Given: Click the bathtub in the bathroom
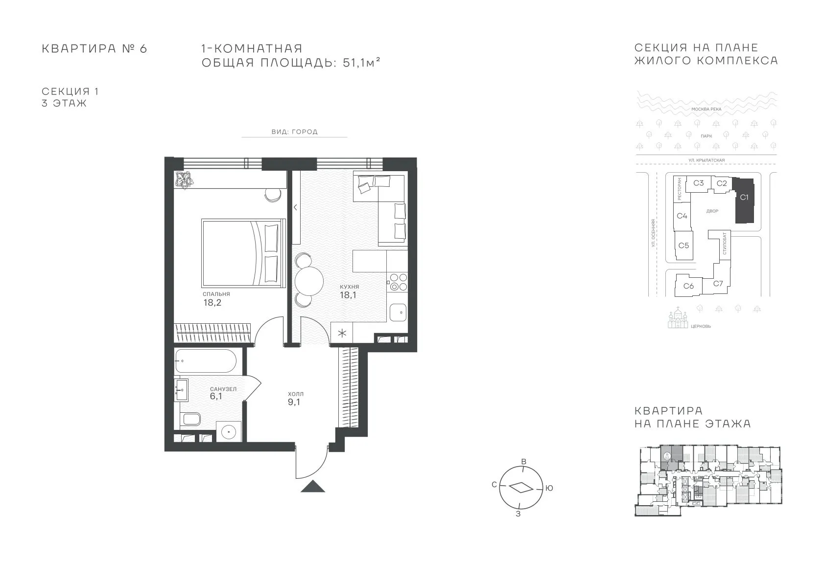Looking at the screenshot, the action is click(x=206, y=361).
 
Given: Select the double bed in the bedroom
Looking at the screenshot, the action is click(x=243, y=253).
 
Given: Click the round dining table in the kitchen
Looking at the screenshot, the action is click(x=308, y=281).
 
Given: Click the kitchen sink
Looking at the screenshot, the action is click(x=398, y=313).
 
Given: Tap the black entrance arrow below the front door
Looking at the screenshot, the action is click(x=313, y=486).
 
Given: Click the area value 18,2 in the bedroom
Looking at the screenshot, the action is click(x=212, y=302).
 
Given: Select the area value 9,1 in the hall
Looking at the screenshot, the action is click(x=294, y=402).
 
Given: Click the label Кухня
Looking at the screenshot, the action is click(x=349, y=287).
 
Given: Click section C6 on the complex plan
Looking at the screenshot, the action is click(x=688, y=286).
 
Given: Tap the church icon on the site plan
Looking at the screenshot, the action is click(x=678, y=318).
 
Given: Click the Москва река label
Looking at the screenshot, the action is click(x=706, y=109).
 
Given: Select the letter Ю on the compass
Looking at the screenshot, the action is click(x=549, y=488).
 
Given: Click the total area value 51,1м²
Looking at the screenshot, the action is click(x=361, y=63).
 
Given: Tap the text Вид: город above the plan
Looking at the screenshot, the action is click(x=294, y=132).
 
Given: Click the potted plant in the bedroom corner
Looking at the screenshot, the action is click(x=183, y=180).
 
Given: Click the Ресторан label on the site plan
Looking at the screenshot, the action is click(x=679, y=189).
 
